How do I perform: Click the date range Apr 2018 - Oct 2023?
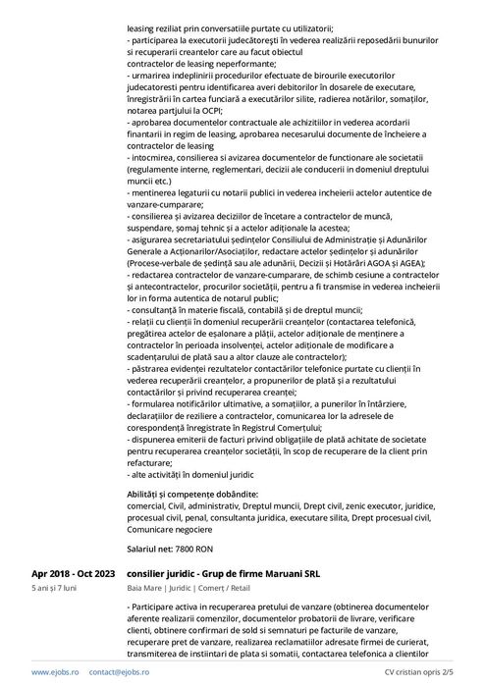[x=73, y=572]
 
